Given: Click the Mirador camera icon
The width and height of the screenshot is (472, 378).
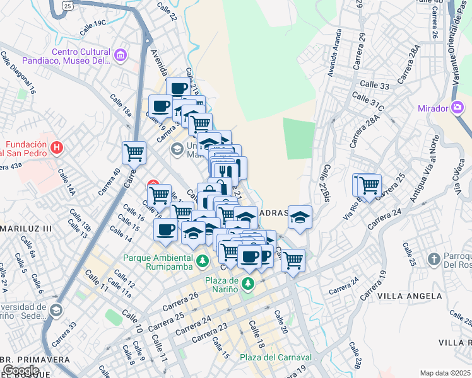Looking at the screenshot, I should tap(457, 108).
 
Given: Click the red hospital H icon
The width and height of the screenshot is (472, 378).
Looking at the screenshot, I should tap(57, 148).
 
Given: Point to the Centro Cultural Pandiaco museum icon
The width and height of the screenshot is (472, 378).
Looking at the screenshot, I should tap(121, 57).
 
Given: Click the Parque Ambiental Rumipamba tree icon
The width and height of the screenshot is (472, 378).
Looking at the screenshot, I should tap(202, 260).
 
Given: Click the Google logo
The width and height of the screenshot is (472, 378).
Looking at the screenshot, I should tap(20, 370).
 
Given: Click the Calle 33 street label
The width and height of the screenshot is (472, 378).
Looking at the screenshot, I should tap(375, 85).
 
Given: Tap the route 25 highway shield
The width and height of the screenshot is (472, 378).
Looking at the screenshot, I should tap(68, 4).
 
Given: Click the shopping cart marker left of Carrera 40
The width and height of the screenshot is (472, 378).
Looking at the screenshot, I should tap(134, 152).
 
